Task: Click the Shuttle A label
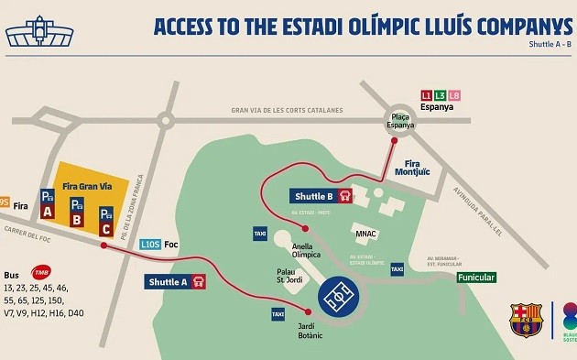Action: pyautogui.click(x=174, y=282)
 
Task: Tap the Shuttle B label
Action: pyautogui.click(x=321, y=196)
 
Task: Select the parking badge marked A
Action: pyautogui.click(x=48, y=202)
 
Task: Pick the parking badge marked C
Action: pyautogui.click(x=106, y=220)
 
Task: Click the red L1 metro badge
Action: pyautogui.click(x=426, y=95)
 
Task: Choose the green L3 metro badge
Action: pyautogui.click(x=441, y=95)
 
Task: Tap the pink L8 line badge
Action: pyautogui.click(x=455, y=95)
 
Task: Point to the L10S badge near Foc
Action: pyautogui.click(x=151, y=245)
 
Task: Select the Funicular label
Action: pyautogui.click(x=476, y=278)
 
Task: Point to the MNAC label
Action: pyautogui.click(x=366, y=234)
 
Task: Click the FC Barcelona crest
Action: pyautogui.click(x=526, y=320)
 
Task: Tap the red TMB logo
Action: pyautogui.click(x=41, y=272)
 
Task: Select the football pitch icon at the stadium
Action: pyautogui.click(x=341, y=296)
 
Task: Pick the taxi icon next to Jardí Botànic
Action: pyautogui.click(x=278, y=314)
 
